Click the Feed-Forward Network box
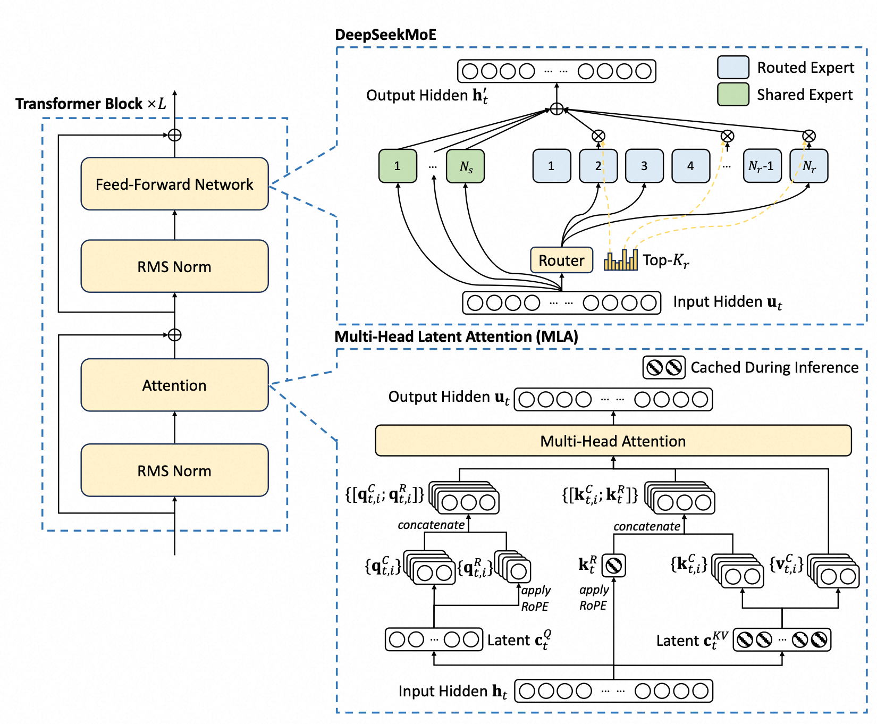174,184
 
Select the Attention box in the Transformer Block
174,385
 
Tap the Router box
561,260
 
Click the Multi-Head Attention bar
613,441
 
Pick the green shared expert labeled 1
398,166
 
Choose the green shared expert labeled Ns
466,166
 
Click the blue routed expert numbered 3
644,166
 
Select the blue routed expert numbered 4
690,166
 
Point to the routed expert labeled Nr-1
762,166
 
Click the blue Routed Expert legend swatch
733,68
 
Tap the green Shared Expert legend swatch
733,94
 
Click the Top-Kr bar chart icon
620,260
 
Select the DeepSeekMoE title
385,35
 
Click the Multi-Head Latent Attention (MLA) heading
456,336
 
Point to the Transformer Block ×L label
90,103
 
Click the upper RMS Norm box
174,266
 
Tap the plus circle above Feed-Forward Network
174,135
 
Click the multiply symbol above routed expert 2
598,136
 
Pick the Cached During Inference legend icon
664,367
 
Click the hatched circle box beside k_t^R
613,566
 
